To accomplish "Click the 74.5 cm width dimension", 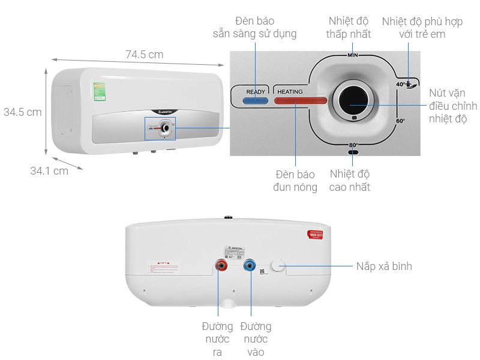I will point(144,55).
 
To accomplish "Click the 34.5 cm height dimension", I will point(22,112).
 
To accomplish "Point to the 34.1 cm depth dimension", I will point(49,171).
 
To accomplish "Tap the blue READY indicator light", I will point(256,101).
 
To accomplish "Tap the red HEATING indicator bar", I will point(300,101).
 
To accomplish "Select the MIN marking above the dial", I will point(353,55).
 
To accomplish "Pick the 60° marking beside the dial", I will point(400,121).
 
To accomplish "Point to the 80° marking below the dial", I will point(353,145).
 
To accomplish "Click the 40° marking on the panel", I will point(401,85).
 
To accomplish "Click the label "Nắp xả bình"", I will point(384,266).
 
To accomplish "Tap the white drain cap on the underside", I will point(278,266).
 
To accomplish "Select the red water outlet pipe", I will point(222,266).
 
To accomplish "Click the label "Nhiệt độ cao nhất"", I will point(350,181).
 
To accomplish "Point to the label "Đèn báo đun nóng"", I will point(296,181).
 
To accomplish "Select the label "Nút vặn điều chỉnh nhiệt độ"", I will point(453,106).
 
